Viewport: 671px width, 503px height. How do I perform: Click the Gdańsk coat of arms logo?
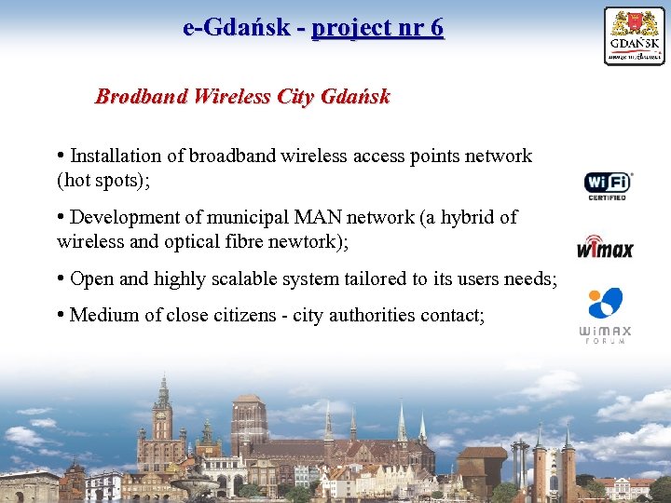pos(635,35)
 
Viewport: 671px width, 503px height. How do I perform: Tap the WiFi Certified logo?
pos(607,185)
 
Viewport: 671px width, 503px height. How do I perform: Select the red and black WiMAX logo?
pos(605,247)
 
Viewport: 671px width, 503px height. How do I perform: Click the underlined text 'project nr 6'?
pos(377,28)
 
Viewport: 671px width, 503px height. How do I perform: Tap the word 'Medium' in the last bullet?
pos(103,315)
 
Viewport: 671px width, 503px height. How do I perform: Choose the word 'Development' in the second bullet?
pos(133,217)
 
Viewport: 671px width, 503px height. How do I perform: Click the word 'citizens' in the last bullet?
pos(237,315)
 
